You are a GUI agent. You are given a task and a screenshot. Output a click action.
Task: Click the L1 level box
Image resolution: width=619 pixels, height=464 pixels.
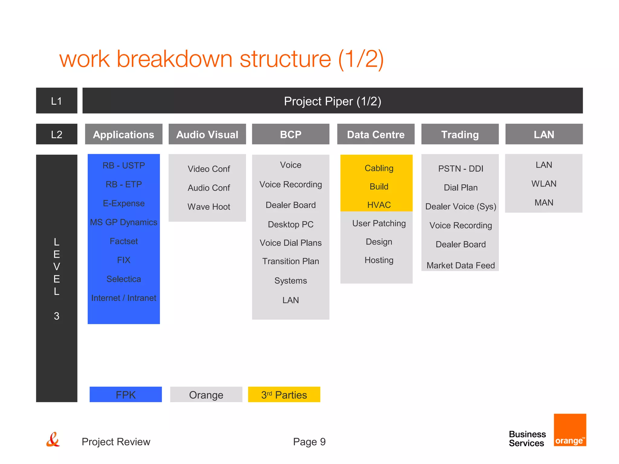(57, 101)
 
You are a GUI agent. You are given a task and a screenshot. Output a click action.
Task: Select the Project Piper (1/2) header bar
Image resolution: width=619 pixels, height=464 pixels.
(332, 101)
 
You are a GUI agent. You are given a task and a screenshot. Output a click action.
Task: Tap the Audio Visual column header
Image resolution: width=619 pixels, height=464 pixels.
(207, 134)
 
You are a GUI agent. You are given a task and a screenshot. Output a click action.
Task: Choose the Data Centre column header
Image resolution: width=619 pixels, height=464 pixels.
(376, 134)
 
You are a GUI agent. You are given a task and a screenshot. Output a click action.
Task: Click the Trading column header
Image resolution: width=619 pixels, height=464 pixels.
(460, 134)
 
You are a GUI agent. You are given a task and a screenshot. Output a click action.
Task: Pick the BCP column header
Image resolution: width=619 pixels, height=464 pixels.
(290, 134)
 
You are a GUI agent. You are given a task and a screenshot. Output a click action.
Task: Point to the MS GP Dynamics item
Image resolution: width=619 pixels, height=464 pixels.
(124, 222)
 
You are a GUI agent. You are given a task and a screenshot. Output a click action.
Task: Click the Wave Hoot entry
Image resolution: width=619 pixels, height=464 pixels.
(209, 207)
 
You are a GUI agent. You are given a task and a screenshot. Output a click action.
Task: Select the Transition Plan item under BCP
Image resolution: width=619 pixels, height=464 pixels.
(290, 261)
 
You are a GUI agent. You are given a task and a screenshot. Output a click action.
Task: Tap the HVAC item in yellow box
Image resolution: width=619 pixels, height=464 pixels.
(379, 205)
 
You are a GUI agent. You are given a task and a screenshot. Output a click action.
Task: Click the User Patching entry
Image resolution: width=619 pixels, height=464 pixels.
(379, 223)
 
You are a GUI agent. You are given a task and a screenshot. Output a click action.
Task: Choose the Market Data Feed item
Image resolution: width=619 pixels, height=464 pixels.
(460, 265)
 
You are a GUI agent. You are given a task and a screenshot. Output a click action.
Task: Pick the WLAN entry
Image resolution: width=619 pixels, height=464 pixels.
(543, 184)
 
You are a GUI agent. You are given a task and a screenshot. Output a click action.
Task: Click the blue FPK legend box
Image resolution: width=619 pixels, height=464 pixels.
(126, 395)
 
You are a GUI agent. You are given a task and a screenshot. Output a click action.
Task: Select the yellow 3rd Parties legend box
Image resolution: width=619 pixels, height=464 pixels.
(284, 395)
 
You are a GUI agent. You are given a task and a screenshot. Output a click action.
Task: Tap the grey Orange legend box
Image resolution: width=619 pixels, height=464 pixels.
(206, 395)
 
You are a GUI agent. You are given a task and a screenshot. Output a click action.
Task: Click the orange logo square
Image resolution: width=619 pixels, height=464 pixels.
(570, 430)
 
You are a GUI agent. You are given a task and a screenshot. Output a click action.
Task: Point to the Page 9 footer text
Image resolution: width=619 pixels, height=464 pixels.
(309, 442)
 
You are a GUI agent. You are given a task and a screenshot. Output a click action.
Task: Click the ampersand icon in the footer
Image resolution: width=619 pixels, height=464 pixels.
(53, 440)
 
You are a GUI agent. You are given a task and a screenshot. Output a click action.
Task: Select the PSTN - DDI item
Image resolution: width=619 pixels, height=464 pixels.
(460, 169)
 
